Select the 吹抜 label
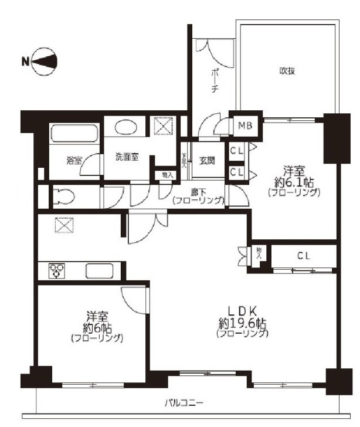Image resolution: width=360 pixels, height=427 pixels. coord(287,71)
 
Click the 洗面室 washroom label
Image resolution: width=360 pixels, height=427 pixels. coord(127,157)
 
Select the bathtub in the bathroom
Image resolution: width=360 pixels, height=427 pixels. coord(76,134)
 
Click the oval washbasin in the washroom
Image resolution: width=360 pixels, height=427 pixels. coord(124,127)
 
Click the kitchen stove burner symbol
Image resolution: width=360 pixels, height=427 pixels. coord(56,271)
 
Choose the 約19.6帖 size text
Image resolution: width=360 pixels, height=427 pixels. coord(242,323)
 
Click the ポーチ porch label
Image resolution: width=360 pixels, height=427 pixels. coord(214,81)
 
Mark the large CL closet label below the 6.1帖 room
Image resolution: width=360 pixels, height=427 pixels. coord(303,256)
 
